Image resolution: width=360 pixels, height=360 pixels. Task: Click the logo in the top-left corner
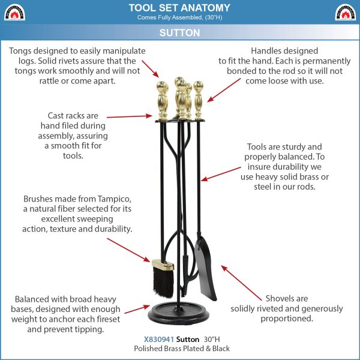[x=14, y=12]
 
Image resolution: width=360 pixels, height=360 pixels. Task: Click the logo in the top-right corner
[x=346, y=12]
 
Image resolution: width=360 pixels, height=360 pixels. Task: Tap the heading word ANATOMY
[x=205, y=8]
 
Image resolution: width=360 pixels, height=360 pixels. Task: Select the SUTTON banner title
[x=180, y=32]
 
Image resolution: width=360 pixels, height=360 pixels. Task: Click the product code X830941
[x=158, y=340]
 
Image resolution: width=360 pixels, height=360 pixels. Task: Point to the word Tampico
[x=115, y=199]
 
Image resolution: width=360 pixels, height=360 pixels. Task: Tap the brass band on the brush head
[x=163, y=265]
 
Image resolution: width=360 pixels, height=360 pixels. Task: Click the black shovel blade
[x=205, y=269]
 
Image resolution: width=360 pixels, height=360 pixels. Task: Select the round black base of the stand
[x=179, y=313]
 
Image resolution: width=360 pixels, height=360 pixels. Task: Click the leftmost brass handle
[x=163, y=100]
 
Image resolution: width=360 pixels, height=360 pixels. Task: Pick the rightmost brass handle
[x=198, y=100]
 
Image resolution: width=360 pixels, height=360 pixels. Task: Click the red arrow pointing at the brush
[x=128, y=250]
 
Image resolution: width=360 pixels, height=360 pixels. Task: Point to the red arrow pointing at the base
[x=137, y=309]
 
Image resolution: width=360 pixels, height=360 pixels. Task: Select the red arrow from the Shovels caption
[x=241, y=283]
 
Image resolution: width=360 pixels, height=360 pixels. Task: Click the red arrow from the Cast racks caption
[x=130, y=116]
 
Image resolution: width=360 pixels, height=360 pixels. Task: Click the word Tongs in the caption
[x=20, y=51]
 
